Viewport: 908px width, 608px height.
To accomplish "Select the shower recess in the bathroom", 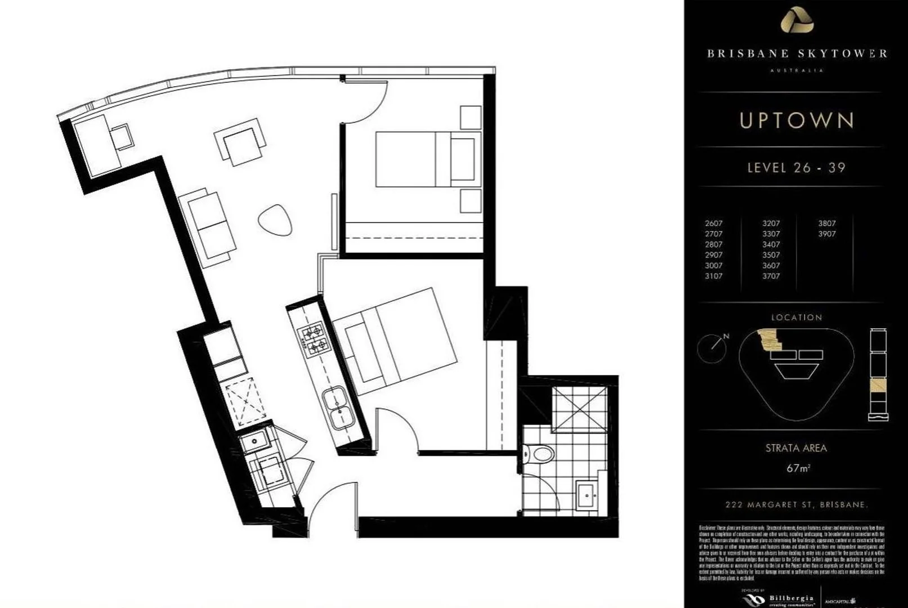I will tap(579, 409).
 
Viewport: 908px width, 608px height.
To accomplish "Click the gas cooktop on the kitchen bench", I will tap(312, 337).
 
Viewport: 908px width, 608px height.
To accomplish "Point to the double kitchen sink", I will tap(338, 408).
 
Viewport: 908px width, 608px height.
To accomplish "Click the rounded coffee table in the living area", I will tap(275, 220).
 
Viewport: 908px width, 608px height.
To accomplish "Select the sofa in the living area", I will tap(208, 226).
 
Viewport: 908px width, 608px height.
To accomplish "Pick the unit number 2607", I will tap(713, 223).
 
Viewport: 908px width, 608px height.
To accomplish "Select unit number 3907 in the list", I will tap(826, 234).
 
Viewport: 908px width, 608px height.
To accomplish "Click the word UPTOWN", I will tap(797, 120).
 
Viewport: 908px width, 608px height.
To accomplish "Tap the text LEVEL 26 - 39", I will tap(796, 168).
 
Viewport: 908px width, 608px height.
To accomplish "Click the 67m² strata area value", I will tap(798, 468).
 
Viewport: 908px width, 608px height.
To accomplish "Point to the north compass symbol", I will tap(712, 347).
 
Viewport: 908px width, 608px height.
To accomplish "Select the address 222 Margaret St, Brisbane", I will tap(796, 505).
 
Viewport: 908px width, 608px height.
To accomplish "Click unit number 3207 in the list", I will tap(771, 223).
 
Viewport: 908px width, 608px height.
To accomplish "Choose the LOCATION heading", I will tap(797, 318).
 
